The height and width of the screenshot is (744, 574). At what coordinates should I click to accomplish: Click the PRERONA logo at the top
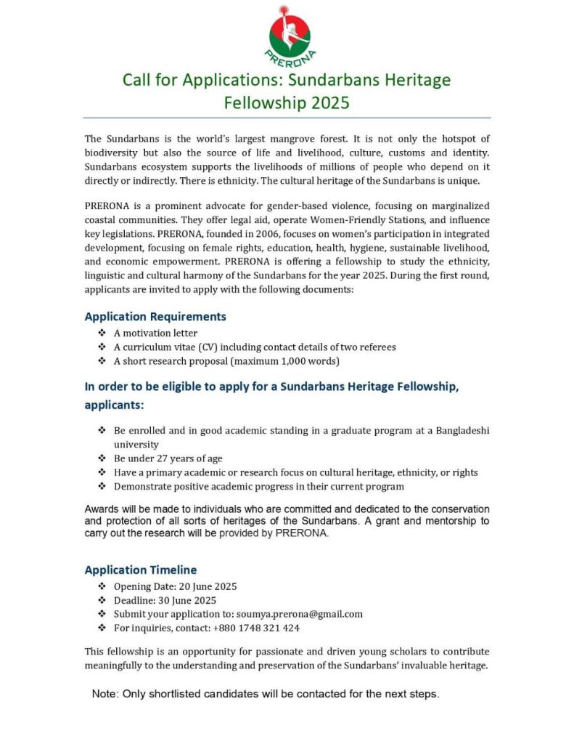(290, 34)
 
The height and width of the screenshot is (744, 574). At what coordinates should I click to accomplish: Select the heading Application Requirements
(155, 317)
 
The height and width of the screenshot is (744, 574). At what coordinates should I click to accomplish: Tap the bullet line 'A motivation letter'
(155, 333)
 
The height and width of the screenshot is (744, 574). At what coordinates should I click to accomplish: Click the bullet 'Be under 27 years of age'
(168, 458)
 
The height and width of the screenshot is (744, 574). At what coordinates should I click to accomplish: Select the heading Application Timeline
(141, 570)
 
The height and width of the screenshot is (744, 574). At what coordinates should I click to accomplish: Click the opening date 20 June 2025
(205, 586)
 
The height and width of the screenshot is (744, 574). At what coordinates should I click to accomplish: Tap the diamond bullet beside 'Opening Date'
(102, 586)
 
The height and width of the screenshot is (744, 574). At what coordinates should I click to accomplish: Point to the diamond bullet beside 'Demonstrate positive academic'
(102, 486)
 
